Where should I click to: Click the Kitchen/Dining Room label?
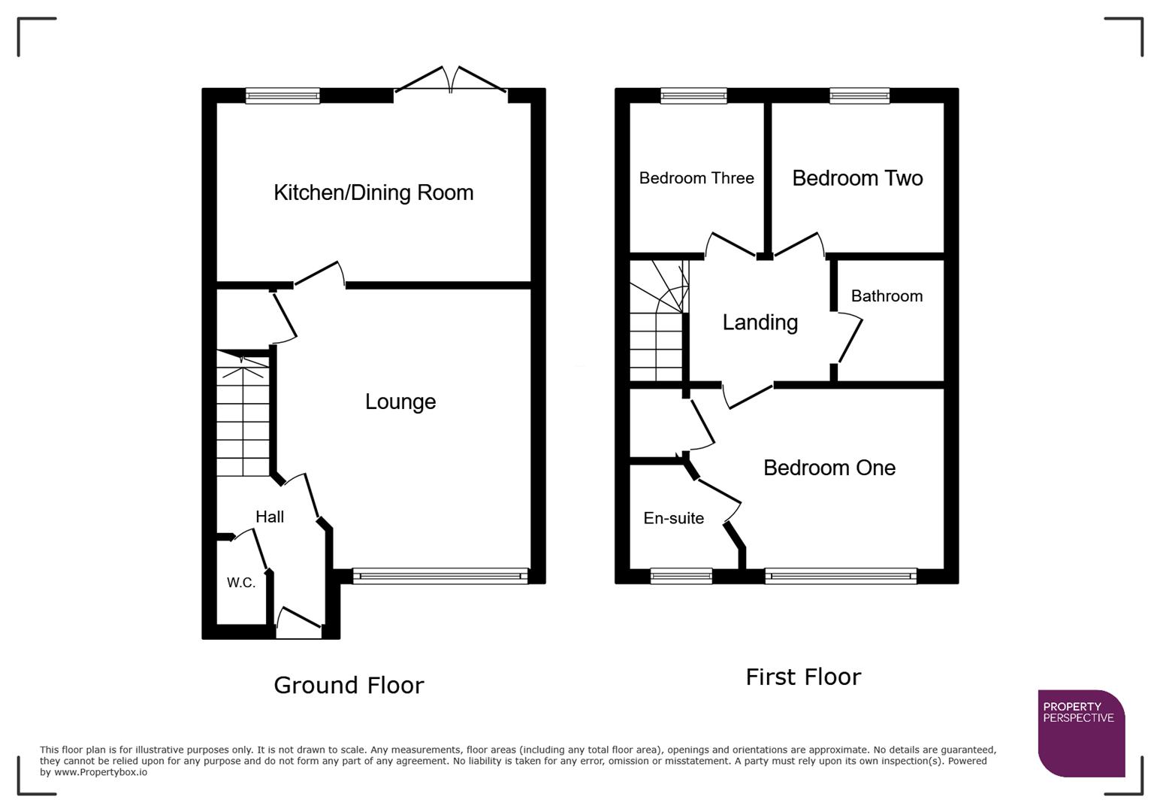[x=373, y=192]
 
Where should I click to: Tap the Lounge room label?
[x=400, y=401]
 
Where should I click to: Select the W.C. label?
[x=241, y=583]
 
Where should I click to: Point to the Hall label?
[x=270, y=517]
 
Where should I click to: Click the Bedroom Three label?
[x=696, y=178]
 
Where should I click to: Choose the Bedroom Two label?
[x=857, y=178]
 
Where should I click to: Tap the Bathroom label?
[x=887, y=296]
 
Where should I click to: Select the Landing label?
[x=760, y=323]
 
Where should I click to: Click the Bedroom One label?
[x=829, y=468]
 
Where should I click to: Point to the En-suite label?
[x=674, y=518]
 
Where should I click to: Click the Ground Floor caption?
[x=349, y=685]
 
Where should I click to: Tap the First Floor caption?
[x=802, y=677]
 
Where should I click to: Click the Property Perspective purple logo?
[x=1080, y=732]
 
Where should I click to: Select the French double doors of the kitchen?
[x=451, y=81]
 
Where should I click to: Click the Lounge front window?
[x=440, y=577]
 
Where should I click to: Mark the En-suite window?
[x=681, y=577]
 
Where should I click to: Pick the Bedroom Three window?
[x=693, y=95]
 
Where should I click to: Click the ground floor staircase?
[x=243, y=417]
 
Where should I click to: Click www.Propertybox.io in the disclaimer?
[x=101, y=772]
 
